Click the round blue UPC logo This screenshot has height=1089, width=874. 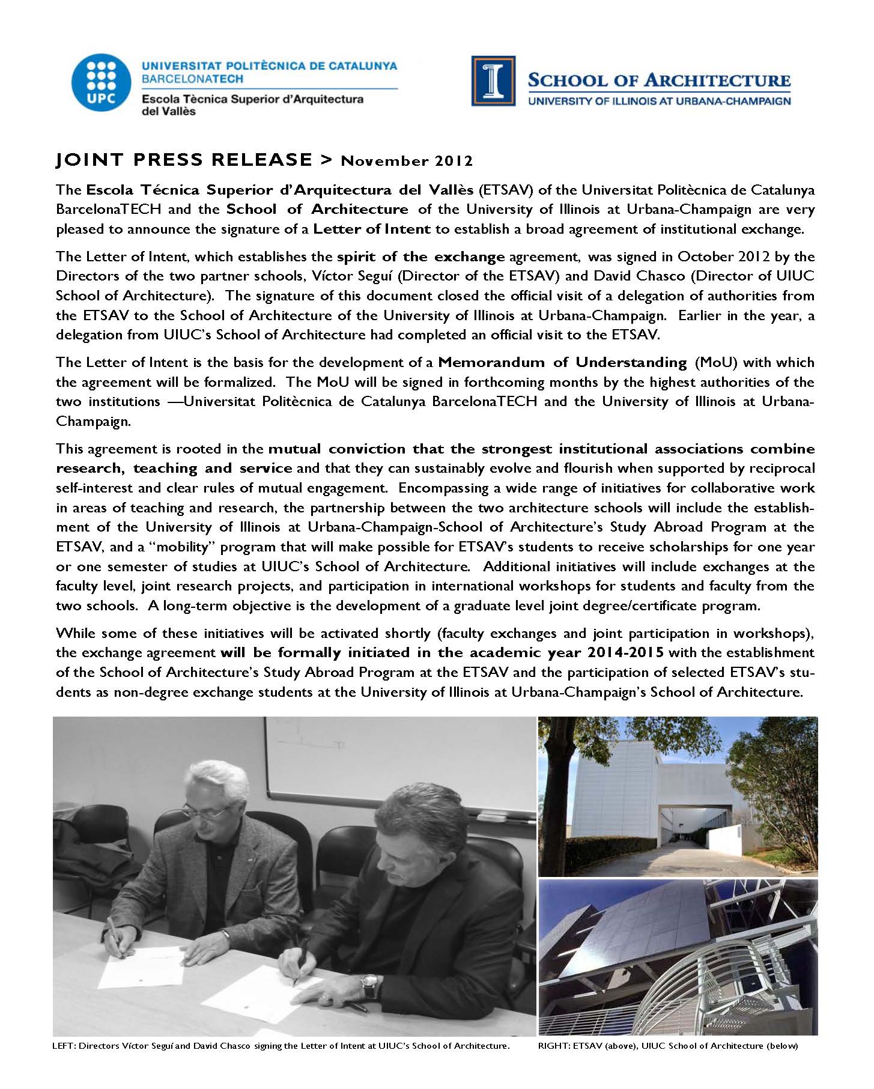(x=98, y=85)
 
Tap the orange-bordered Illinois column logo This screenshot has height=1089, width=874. (x=493, y=80)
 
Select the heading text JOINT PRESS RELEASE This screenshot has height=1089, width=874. (x=184, y=160)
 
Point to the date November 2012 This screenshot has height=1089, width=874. (x=407, y=161)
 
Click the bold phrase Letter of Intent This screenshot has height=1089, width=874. (x=372, y=229)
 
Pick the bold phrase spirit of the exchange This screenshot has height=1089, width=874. (x=420, y=257)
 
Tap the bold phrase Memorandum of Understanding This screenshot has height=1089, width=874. (x=562, y=362)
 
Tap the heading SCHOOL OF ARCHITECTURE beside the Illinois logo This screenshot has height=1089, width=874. (x=658, y=80)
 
